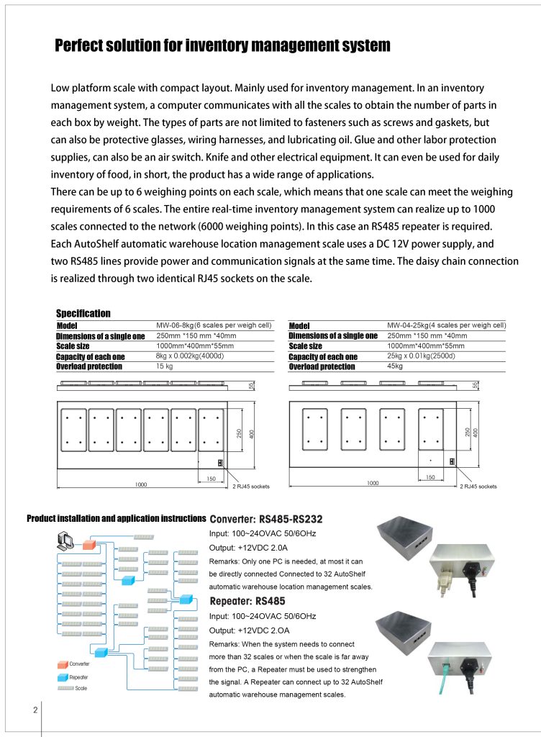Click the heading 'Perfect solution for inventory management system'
(222, 46)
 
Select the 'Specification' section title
(83, 313)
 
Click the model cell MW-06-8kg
(214, 325)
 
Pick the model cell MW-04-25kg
(446, 325)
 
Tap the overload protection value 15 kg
(166, 366)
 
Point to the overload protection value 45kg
(396, 366)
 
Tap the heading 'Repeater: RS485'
(247, 601)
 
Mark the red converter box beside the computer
(88, 543)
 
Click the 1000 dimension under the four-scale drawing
(372, 484)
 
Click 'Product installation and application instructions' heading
(116, 518)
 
